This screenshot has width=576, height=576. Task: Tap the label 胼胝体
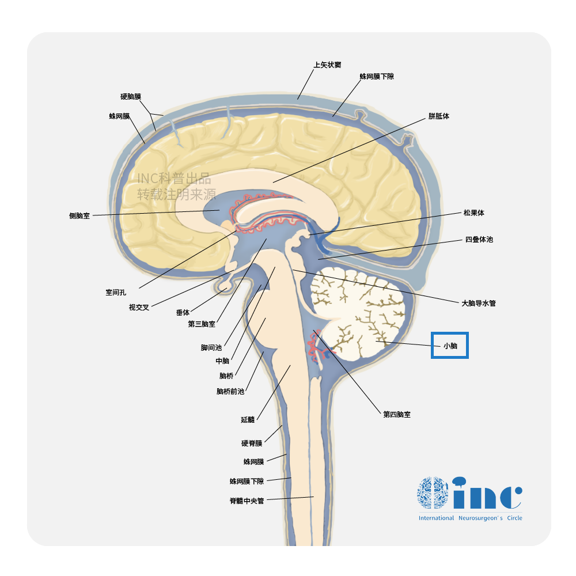(x=439, y=116)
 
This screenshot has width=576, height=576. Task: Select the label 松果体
(x=474, y=213)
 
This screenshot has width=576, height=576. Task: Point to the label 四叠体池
(x=479, y=240)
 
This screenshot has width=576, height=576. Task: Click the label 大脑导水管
(x=479, y=303)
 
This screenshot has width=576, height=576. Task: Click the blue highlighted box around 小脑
(x=450, y=345)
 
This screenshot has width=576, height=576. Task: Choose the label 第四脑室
(x=397, y=414)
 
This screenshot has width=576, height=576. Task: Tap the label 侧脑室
(x=79, y=216)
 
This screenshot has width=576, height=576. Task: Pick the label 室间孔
(x=116, y=293)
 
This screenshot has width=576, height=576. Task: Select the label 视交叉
(x=139, y=307)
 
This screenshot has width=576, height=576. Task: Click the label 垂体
(x=183, y=313)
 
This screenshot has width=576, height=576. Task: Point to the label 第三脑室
(x=202, y=324)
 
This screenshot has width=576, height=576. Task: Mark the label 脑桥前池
(x=230, y=392)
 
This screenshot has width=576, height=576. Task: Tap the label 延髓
(x=248, y=420)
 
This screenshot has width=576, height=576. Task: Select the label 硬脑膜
(x=131, y=97)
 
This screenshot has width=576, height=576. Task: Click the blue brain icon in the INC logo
(x=433, y=492)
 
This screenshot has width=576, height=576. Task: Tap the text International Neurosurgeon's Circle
(x=471, y=518)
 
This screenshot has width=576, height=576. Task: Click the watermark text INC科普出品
(x=174, y=180)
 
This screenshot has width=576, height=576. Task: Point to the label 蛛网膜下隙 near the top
(x=377, y=76)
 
